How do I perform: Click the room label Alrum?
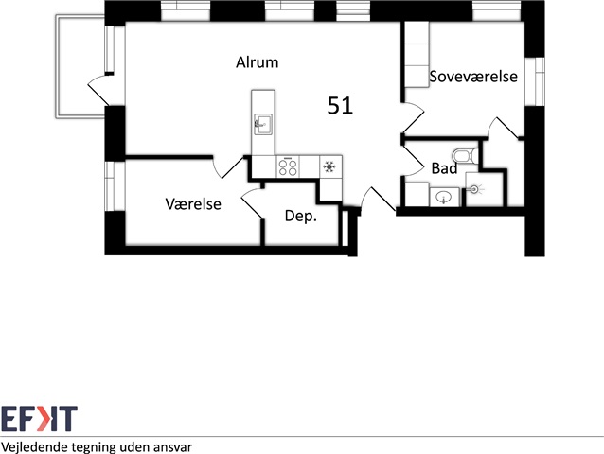click(257, 63)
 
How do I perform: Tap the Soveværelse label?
click(473, 77)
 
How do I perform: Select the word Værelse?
click(193, 203)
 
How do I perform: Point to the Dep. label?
click(300, 216)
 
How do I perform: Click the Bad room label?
click(444, 168)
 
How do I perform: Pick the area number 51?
click(340, 106)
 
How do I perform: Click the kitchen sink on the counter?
click(262, 122)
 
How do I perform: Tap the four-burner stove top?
click(288, 167)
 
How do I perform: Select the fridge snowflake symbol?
click(329, 167)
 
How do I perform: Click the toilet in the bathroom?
click(463, 154)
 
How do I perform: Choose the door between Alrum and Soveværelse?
click(412, 121)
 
